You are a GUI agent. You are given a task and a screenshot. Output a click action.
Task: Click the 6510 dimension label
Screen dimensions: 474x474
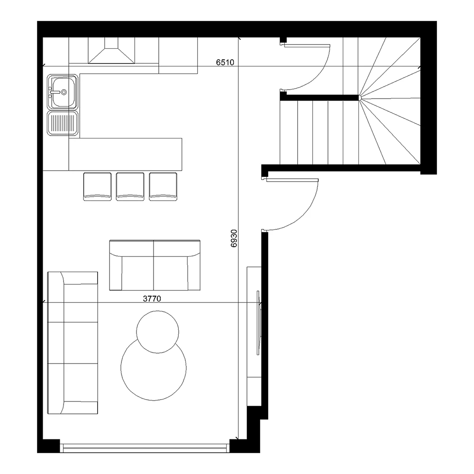point(225,62)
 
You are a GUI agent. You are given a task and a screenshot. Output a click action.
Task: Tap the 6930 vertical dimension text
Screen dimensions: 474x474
point(234,238)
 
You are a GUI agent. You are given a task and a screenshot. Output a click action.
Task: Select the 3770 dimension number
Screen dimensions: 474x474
point(152,299)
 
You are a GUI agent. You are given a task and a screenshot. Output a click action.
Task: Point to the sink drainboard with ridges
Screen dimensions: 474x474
point(63,123)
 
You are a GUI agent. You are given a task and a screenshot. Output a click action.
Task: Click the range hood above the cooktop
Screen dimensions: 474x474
point(111,51)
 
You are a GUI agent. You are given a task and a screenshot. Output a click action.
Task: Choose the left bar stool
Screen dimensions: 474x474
point(97,186)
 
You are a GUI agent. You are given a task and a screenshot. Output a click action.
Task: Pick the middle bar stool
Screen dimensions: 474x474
point(130,186)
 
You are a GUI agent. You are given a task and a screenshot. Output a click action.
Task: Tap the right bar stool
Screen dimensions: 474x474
point(163,186)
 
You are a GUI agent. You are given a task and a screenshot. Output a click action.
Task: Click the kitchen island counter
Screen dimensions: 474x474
point(126,155)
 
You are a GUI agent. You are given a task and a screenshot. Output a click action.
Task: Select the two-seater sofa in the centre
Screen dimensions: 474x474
point(155,265)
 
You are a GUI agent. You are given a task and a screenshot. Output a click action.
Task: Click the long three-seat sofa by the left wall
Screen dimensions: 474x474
point(73,343)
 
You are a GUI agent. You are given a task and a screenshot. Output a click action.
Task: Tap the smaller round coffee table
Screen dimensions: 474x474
point(157,332)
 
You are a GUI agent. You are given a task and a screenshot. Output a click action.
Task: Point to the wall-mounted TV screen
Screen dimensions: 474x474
point(258,323)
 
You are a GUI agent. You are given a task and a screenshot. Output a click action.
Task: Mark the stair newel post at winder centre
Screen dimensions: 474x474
point(360,98)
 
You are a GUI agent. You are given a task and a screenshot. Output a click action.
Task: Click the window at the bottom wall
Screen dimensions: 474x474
point(145,448)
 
